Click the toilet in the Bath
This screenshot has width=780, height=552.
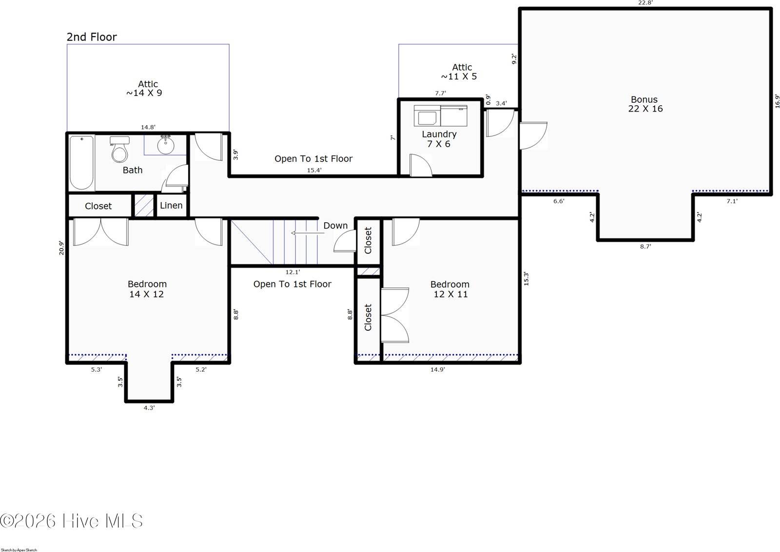pyautogui.click(x=120, y=150)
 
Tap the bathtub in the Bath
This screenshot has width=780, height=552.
pyautogui.click(x=82, y=163)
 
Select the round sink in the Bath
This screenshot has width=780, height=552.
pyautogui.click(x=166, y=144)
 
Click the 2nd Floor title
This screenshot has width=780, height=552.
pyautogui.click(x=92, y=37)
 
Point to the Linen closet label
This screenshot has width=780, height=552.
pyautogui.click(x=171, y=205)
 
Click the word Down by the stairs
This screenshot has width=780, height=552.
pyautogui.click(x=335, y=226)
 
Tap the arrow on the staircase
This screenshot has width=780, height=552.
pyautogui.click(x=308, y=233)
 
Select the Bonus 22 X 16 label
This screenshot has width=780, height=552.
pyautogui.click(x=645, y=104)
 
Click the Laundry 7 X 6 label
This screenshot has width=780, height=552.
pyautogui.click(x=439, y=139)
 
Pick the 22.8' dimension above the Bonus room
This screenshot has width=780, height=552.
pyautogui.click(x=645, y=3)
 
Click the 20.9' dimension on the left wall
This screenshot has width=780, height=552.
pyautogui.click(x=61, y=248)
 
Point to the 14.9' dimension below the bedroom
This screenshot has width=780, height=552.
pyautogui.click(x=437, y=370)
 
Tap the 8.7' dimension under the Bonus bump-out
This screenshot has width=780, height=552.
pyautogui.click(x=645, y=247)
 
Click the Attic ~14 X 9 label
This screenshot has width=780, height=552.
pyautogui.click(x=144, y=88)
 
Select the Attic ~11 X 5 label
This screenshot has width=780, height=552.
pyautogui.click(x=459, y=72)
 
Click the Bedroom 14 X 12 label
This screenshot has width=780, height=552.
pyautogui.click(x=147, y=289)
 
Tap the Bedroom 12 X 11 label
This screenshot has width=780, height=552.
pyautogui.click(x=450, y=289)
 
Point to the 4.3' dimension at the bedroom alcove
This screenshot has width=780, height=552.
pyautogui.click(x=149, y=408)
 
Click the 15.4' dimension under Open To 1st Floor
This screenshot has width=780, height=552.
pyautogui.click(x=314, y=170)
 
